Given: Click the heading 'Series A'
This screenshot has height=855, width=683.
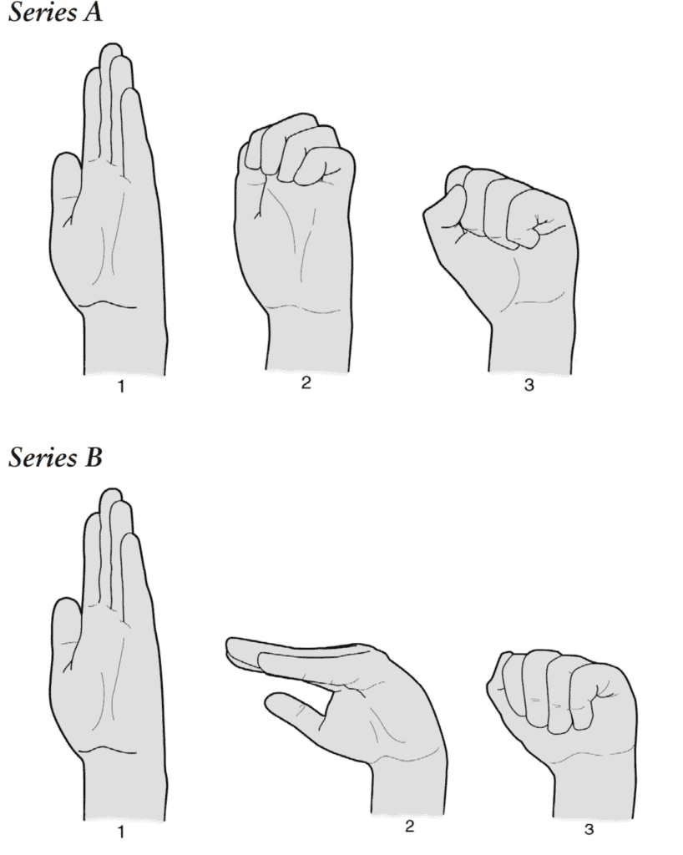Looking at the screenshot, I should pyautogui.click(x=54, y=13).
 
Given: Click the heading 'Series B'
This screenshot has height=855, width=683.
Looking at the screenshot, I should pyautogui.click(x=54, y=458).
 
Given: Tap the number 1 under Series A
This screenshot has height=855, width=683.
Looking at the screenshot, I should pyautogui.click(x=121, y=387).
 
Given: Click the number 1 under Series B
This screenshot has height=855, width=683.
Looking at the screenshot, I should pyautogui.click(x=121, y=832).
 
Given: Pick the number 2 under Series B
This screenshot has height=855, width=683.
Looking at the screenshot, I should pyautogui.click(x=409, y=827).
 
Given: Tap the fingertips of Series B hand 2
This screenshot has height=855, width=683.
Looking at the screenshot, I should pyautogui.click(x=238, y=649).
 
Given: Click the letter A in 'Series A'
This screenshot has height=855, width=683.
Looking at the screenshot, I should pyautogui.click(x=91, y=13).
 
